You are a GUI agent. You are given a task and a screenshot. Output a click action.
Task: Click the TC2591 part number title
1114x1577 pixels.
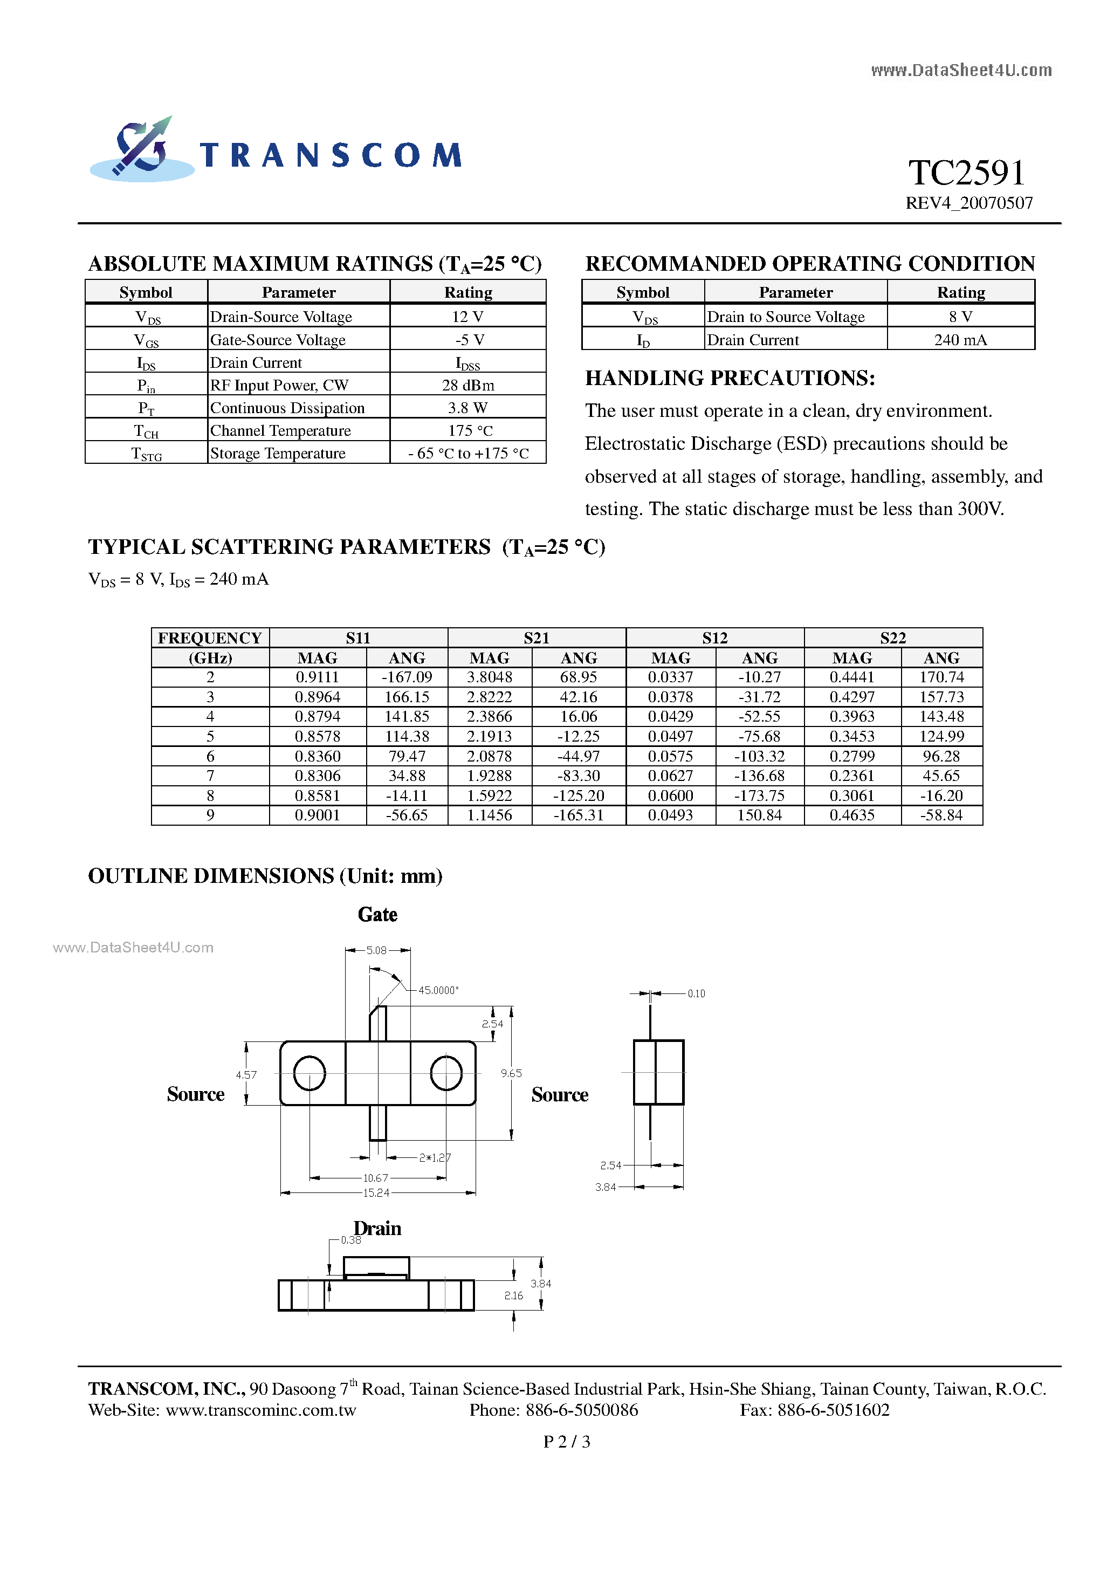tap(967, 173)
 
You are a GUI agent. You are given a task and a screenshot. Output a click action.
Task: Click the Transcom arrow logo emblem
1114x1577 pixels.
tap(141, 148)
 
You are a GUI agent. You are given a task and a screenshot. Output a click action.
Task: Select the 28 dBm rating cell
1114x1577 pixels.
tap(467, 385)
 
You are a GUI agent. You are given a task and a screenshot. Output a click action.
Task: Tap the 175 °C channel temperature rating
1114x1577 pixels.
tap(467, 430)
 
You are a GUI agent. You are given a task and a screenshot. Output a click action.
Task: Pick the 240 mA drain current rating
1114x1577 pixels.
tap(960, 340)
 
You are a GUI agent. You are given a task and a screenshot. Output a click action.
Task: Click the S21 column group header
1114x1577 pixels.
tap(537, 637)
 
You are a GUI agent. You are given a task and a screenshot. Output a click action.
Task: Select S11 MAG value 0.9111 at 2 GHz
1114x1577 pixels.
tap(317, 677)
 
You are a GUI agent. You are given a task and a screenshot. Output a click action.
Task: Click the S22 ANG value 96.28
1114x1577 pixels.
tap(941, 756)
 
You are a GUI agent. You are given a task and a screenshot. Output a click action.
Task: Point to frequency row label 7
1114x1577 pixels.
tap(210, 776)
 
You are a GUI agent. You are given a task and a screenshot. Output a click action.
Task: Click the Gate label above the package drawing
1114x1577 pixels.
tap(377, 915)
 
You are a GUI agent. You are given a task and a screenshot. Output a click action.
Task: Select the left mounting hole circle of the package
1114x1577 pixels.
tap(309, 1073)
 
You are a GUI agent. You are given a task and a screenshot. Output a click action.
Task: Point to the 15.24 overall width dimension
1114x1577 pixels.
tap(376, 1193)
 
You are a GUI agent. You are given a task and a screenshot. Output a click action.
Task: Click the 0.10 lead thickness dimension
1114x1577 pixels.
tap(696, 994)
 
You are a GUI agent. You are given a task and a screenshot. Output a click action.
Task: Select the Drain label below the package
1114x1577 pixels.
tap(377, 1228)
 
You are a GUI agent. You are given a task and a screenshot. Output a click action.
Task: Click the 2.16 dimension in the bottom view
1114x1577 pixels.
tap(513, 1296)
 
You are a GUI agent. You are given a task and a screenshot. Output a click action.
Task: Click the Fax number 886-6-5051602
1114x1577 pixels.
tap(815, 1410)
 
